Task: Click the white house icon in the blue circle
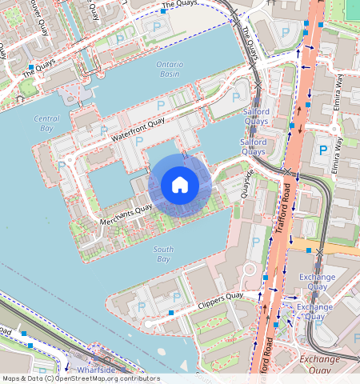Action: click(180, 185)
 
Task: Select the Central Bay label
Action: click(46, 123)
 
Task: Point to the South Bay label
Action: click(162, 254)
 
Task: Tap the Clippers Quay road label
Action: click(219, 302)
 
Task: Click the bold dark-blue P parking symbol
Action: click(323, 150)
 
